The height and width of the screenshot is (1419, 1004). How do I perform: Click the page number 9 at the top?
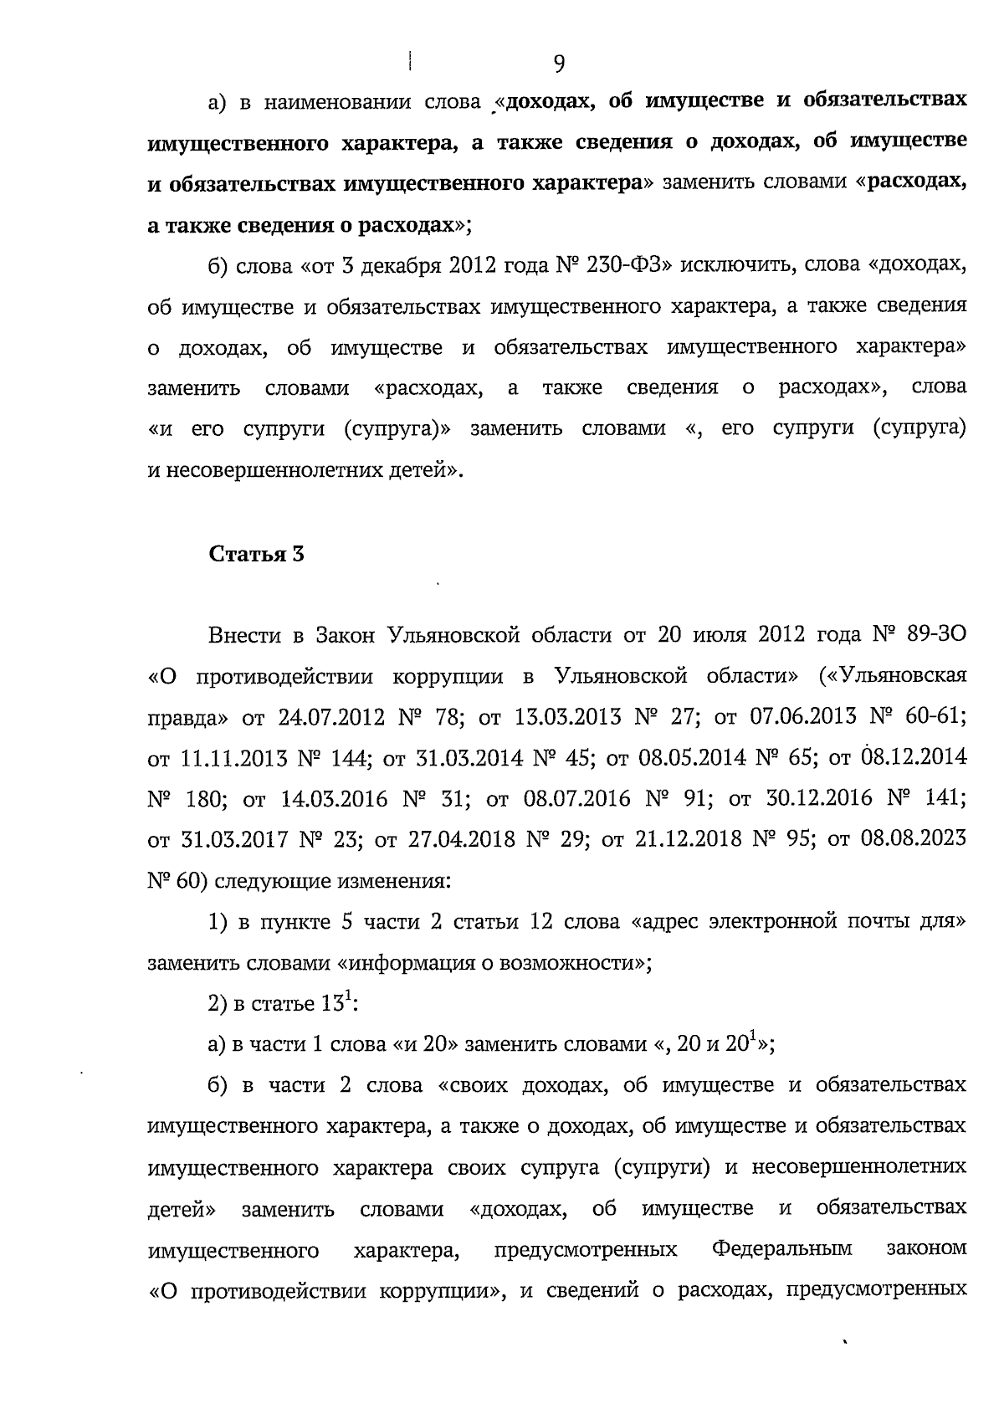pos(559,64)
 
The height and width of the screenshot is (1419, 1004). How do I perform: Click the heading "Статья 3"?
pos(256,554)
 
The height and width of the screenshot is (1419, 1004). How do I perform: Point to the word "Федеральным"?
pos(782,1250)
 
